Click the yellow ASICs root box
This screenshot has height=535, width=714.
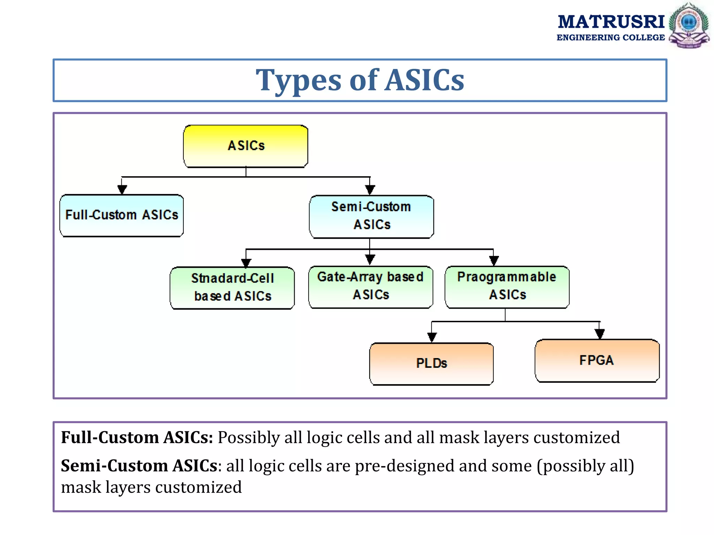click(246, 146)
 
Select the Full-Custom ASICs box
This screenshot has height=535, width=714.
click(122, 215)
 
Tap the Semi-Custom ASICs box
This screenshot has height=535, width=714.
click(371, 216)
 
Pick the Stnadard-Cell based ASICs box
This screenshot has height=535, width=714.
click(232, 288)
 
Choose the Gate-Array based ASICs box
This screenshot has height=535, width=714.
click(371, 287)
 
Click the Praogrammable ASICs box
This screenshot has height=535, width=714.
click(507, 287)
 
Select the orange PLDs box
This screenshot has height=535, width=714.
click(431, 364)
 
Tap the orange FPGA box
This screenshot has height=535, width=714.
click(597, 360)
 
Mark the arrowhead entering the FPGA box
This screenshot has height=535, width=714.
click(599, 334)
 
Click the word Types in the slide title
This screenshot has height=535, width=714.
click(298, 81)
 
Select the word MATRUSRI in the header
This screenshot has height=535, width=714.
click(611, 22)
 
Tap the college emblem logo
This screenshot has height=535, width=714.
click(689, 25)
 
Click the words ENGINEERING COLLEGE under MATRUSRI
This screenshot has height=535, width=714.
click(610, 38)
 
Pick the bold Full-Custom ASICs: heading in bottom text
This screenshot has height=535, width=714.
click(137, 437)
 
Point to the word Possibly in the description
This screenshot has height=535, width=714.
click(249, 437)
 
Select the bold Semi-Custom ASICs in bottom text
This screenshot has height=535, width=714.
click(139, 466)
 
